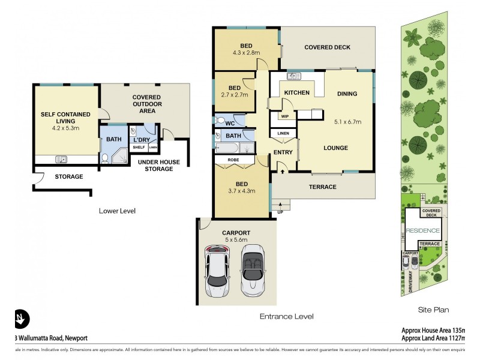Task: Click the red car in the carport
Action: click(x=217, y=271)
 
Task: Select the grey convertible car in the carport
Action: click(x=253, y=271)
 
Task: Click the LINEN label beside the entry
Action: click(x=282, y=133)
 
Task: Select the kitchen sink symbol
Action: click(x=293, y=76)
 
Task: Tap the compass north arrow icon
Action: click(x=22, y=318)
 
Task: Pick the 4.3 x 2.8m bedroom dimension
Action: click(x=247, y=52)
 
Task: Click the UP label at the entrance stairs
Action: click(x=280, y=212)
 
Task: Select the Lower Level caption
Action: click(x=118, y=211)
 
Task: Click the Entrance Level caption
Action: click(x=286, y=316)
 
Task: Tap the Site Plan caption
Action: click(x=433, y=310)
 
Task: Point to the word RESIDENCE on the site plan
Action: click(x=423, y=230)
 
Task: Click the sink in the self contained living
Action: click(x=61, y=159)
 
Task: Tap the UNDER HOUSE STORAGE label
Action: click(x=155, y=166)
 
